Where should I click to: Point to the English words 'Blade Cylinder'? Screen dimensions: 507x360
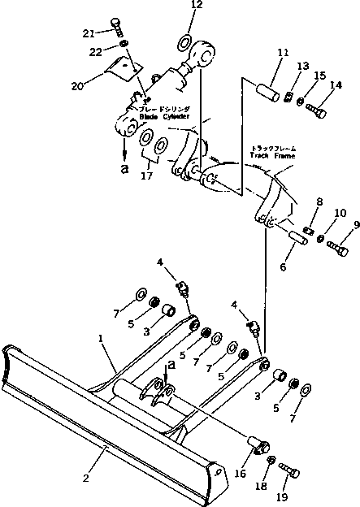(167, 116)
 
